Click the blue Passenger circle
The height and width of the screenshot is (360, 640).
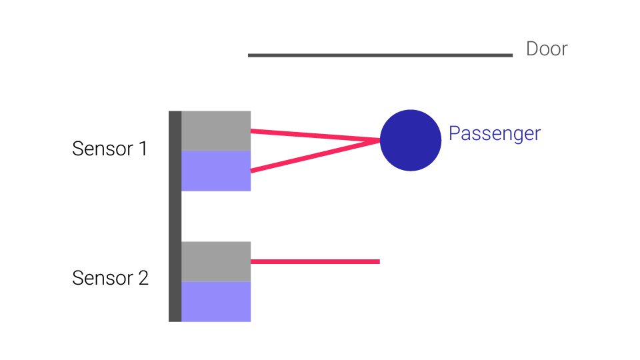coord(411,140)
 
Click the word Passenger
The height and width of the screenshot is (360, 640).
coord(494,133)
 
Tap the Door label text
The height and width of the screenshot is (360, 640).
coord(547,49)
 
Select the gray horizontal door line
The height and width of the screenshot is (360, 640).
coord(380,55)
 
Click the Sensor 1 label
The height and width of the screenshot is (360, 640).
coord(109,149)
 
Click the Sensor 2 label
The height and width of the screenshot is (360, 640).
coord(110,278)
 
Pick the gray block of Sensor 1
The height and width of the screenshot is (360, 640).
coord(216,131)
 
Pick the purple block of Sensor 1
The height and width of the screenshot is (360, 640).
coord(216,171)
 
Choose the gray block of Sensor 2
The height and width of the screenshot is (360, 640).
coord(216,261)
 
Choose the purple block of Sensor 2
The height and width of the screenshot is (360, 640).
coord(216,301)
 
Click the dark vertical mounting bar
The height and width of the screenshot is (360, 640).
coord(175,216)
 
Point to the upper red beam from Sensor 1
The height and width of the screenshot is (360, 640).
coord(313,135)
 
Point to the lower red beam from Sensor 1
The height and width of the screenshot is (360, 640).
coord(313,156)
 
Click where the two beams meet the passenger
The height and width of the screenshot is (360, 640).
coord(379,140)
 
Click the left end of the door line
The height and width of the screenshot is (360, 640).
coord(250,55)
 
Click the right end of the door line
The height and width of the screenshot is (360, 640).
coord(511,55)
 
